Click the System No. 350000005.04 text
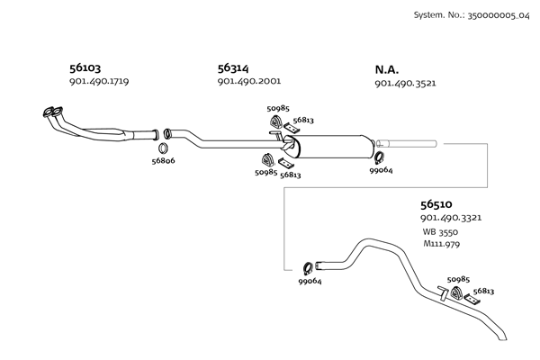pyautogui.click(x=468, y=15)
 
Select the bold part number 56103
pyautogui.click(x=85, y=67)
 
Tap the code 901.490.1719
pyautogui.click(x=99, y=82)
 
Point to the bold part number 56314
pyautogui.click(x=233, y=67)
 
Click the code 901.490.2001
pyautogui.click(x=248, y=82)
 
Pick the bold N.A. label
pyautogui.click(x=387, y=68)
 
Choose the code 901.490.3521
pyautogui.click(x=405, y=83)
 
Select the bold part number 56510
pyautogui.click(x=436, y=204)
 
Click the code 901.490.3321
pyautogui.click(x=450, y=219)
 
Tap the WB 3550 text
pyautogui.click(x=441, y=232)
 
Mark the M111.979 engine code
pyautogui.click(x=442, y=245)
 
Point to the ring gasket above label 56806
pyautogui.click(x=163, y=147)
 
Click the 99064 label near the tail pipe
pyautogui.click(x=310, y=282)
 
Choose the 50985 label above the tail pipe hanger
pyautogui.click(x=459, y=280)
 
